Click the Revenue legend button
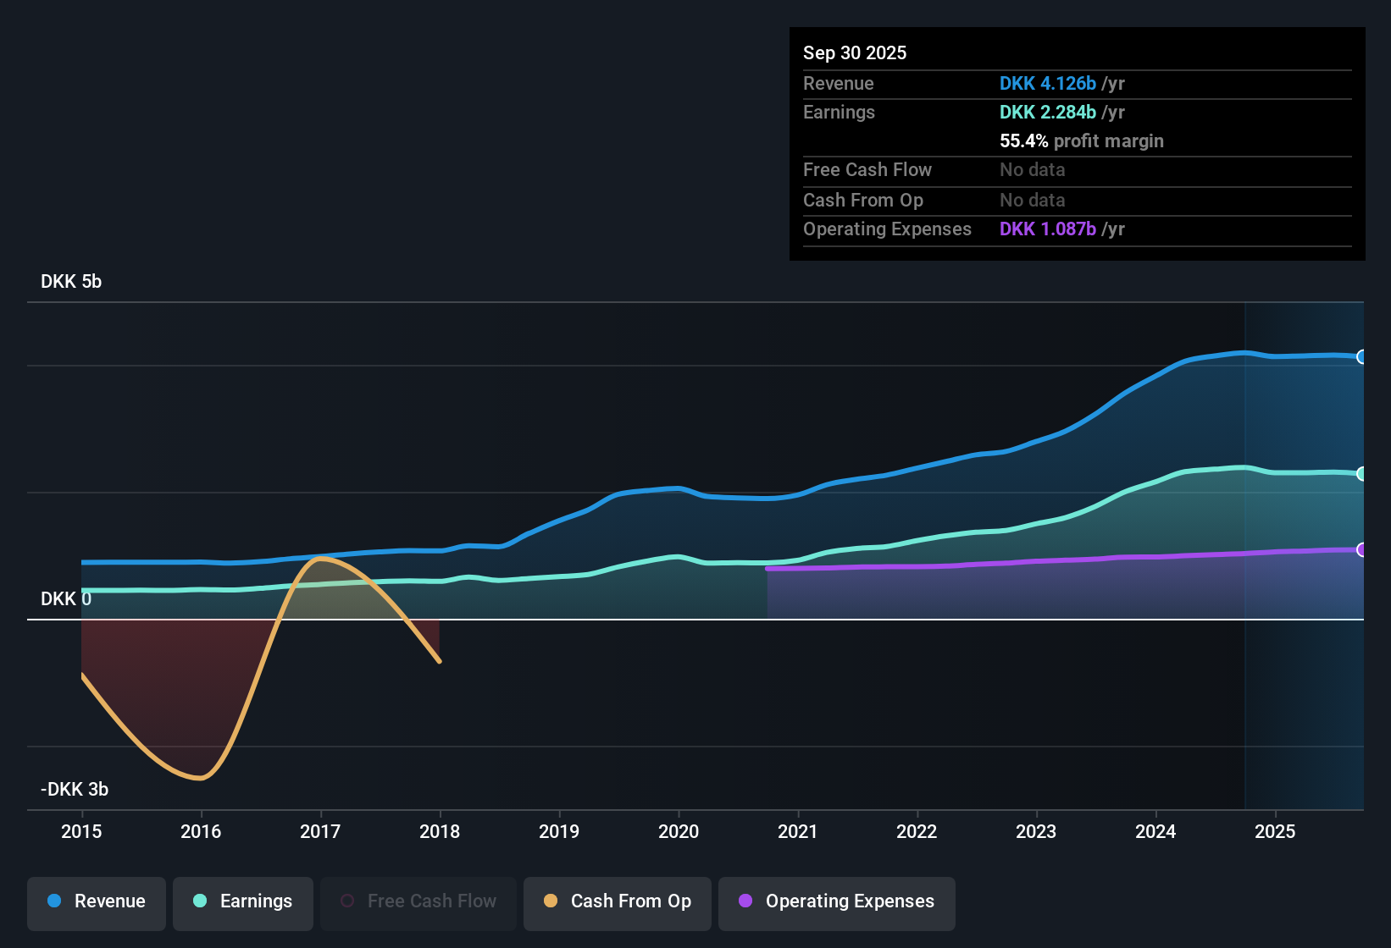tap(97, 901)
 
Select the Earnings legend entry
tap(243, 901)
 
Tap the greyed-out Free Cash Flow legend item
tap(418, 901)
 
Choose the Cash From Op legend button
tap(618, 901)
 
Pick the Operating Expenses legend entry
tap(837, 901)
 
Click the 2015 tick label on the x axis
tap(81, 832)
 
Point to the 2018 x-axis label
tap(440, 832)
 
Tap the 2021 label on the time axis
tap(797, 832)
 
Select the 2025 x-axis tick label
tap(1274, 832)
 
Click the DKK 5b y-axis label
tap(71, 282)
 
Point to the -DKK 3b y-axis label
tap(75, 790)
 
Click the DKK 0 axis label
tap(66, 599)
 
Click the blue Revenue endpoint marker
tap(1361, 357)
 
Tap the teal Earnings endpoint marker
tap(1361, 474)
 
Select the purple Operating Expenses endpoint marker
tap(1361, 550)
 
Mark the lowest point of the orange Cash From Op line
tap(200, 778)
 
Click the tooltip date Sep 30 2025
tap(855, 53)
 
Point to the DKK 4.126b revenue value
tap(1047, 84)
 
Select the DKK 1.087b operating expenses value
tap(1047, 229)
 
